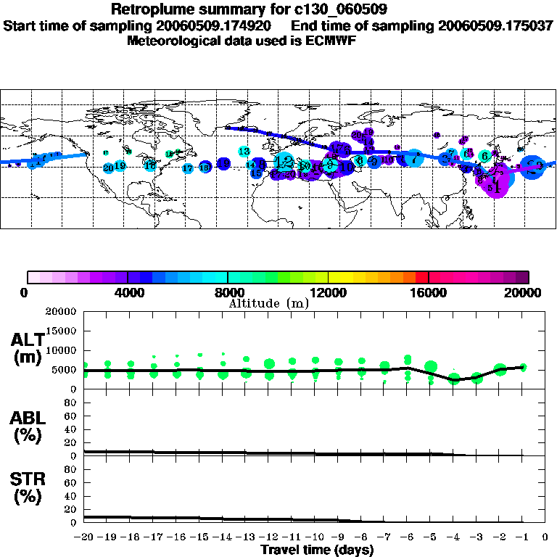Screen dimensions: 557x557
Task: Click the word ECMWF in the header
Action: pos(329,41)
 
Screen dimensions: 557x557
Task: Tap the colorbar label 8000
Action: pos(227,293)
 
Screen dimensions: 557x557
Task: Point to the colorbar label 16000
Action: pos(428,293)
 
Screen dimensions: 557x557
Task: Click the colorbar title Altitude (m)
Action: pos(268,303)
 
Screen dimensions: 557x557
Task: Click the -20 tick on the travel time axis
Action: pos(84,538)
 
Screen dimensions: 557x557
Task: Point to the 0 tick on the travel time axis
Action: pos(546,538)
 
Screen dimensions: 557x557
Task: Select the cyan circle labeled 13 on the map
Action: pos(244,151)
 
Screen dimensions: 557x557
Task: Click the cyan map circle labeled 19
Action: pos(120,165)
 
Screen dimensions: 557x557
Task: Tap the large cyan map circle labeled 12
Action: pos(284,161)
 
